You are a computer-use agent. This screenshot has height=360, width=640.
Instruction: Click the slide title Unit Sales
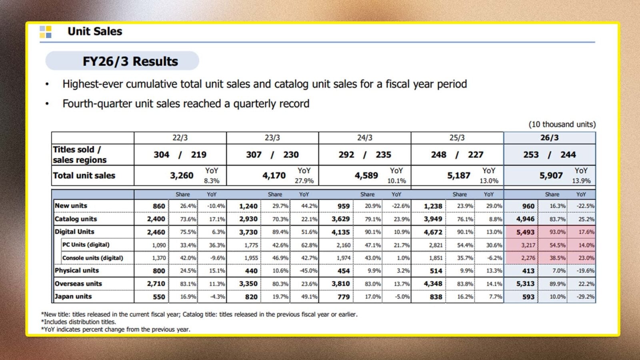pos(94,31)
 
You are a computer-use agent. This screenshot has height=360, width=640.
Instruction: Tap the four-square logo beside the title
pos(46,32)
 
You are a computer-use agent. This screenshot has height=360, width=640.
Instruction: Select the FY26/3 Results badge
pos(122,61)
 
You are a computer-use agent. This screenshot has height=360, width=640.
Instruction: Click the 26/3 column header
pos(549,138)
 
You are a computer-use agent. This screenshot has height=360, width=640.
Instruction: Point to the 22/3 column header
pos(180,138)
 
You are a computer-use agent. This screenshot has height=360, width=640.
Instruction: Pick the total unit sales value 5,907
pos(551,176)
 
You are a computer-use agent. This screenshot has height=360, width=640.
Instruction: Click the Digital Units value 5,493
pos(525,232)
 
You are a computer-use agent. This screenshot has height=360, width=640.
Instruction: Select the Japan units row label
pos(73,296)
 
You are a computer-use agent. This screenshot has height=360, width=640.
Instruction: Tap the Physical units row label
pos(76,270)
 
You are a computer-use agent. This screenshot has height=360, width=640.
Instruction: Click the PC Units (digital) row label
pos(86,244)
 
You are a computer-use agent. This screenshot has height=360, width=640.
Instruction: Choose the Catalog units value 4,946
pos(525,219)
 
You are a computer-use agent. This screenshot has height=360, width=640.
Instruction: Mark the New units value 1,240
pos(248,206)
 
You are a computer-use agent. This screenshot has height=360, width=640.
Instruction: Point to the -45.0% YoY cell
pos(308,270)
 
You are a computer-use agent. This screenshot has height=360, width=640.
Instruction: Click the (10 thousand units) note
pos(562,124)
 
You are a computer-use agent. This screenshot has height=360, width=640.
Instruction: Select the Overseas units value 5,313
pos(525,284)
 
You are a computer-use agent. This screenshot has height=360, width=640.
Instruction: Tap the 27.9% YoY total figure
pos(304,181)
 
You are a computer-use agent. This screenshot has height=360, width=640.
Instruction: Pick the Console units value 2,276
pos(528,258)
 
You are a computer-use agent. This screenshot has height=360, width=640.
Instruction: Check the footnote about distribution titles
pos(78,322)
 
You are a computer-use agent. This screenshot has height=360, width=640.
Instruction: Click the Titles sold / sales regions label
pos(80,154)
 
